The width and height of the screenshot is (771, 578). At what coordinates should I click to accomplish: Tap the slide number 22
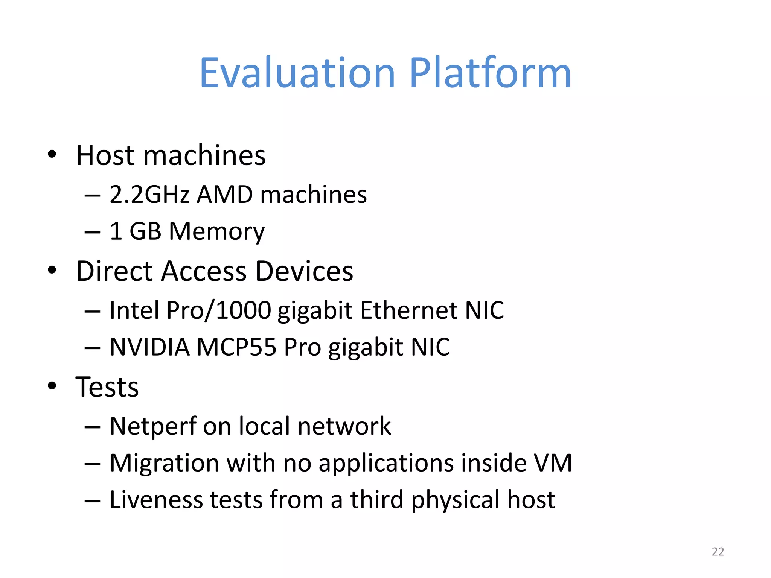[x=718, y=552]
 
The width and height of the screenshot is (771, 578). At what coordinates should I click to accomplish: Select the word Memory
[x=217, y=231]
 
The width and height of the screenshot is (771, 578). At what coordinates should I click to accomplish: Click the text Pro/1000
[x=218, y=310]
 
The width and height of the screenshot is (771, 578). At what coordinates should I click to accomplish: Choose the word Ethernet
[x=408, y=310]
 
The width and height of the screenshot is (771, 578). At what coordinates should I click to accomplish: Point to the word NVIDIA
[x=149, y=347]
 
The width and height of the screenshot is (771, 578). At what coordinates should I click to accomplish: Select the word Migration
[x=164, y=463]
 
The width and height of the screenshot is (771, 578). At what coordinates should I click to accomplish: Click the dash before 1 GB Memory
[x=92, y=232]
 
